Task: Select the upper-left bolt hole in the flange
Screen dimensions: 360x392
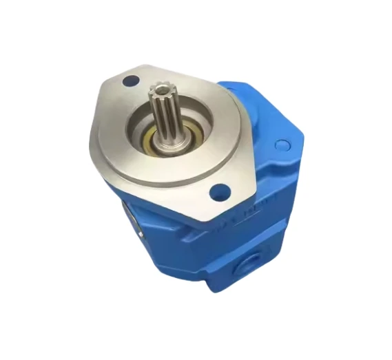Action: pos(129,82)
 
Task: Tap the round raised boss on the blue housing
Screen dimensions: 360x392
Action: pos(281,145)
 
